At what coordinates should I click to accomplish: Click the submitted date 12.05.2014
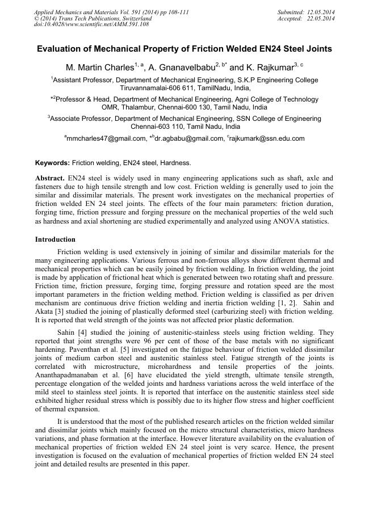pyautogui.click(x=320, y=12)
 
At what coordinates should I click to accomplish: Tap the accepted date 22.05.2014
pyautogui.click(x=320, y=18)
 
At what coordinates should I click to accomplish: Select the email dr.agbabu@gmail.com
pyautogui.click(x=188, y=138)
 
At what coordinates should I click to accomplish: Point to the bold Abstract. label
pyautogui.click(x=50, y=178)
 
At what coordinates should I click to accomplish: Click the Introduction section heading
pyautogui.click(x=55, y=239)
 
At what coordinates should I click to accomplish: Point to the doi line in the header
pyautogui.click(x=91, y=24)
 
